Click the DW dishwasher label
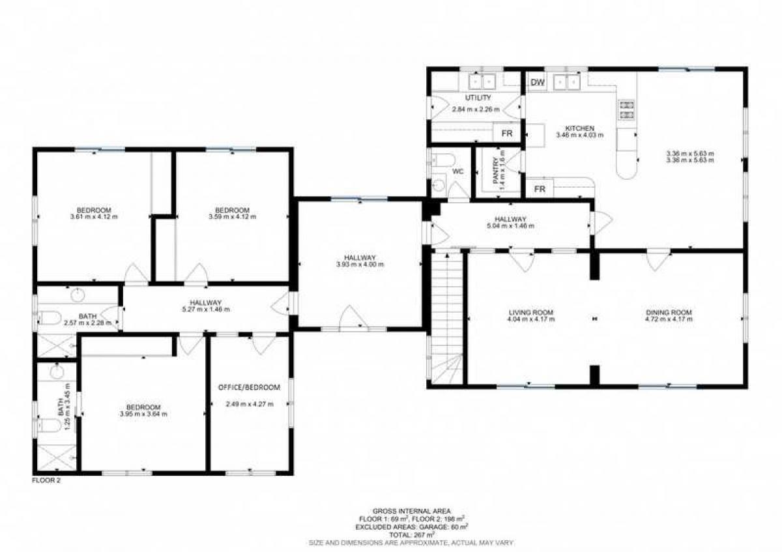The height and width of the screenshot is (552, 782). [538, 82]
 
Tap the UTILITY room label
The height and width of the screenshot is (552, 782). [478, 98]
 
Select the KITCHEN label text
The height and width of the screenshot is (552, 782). [580, 128]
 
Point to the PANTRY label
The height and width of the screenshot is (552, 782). [495, 171]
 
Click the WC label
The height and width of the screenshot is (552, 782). [457, 172]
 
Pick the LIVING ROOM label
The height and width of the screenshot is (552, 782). [531, 313]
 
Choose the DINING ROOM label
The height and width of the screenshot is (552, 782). [669, 313]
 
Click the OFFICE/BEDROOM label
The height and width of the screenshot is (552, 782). [249, 388]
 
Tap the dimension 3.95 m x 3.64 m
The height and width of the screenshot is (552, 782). [143, 414]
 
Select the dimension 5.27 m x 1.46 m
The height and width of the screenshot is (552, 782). [206, 310]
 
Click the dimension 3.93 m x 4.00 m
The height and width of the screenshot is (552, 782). [360, 265]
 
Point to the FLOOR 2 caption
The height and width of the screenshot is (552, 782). [46, 480]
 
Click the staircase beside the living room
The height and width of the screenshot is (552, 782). [447, 318]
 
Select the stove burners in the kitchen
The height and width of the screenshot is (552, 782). [627, 109]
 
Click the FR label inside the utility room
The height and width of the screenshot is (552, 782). [507, 134]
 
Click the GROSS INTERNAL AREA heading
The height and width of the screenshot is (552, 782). [412, 511]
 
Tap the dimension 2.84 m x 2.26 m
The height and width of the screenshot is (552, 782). [476, 109]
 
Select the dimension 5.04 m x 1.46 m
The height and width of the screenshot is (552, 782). [510, 225]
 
